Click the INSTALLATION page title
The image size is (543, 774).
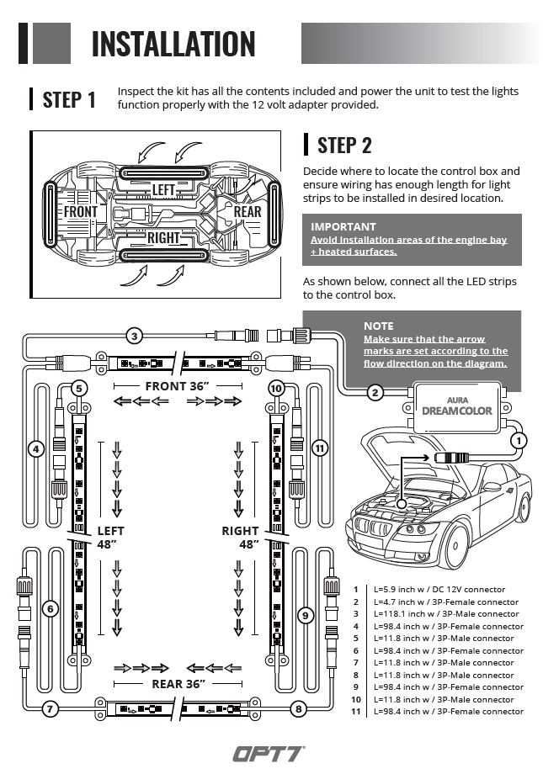[173, 43]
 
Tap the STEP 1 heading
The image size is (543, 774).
[69, 99]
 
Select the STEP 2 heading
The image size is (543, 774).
[343, 145]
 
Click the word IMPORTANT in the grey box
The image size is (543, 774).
[343, 226]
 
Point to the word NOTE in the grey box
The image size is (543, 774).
[378, 326]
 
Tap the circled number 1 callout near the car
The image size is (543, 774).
[519, 439]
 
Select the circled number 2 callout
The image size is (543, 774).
[375, 391]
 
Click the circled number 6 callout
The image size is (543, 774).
[50, 608]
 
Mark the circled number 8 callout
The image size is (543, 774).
[298, 709]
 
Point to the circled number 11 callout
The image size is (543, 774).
[319, 448]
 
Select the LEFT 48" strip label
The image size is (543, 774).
[110, 538]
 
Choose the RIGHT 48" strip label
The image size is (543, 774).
[241, 538]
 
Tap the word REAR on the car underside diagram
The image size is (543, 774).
[248, 211]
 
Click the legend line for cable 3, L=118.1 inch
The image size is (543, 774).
[438, 614]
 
